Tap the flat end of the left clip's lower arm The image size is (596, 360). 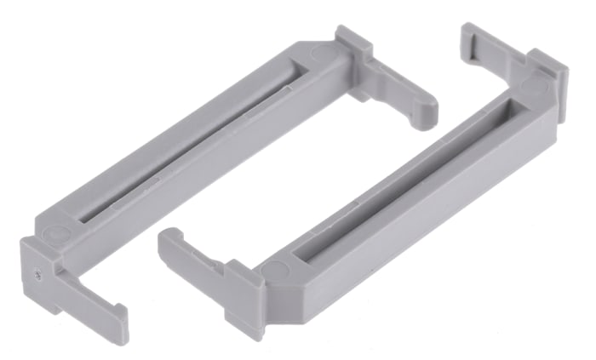pos(120,324)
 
